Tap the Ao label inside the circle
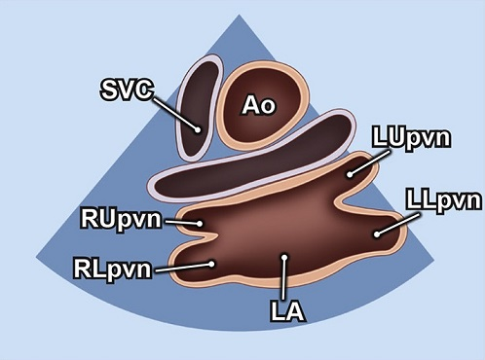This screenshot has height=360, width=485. coord(257,107)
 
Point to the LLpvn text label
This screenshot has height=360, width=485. coord(443,201)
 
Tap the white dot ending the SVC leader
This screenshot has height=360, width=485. coord(198,128)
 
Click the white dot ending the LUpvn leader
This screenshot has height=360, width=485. coord(350,174)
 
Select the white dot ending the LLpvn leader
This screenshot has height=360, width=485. coord(376,234)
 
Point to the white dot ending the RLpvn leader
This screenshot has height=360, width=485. coord(211,262)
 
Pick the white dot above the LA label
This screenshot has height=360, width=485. coord(283,258)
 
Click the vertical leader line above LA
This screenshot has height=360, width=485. coord(283,280)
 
